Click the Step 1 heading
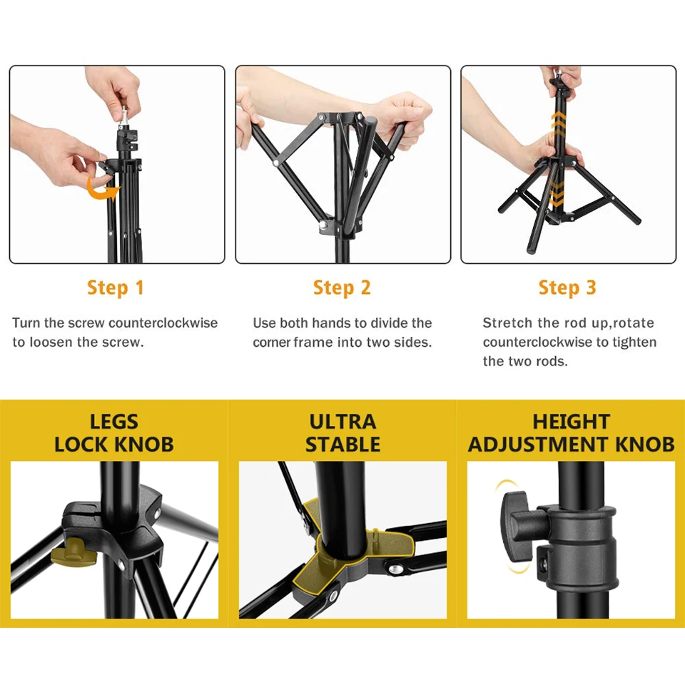(x=116, y=288)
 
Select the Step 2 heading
(x=342, y=288)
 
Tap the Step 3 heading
(x=567, y=288)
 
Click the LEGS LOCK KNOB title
(x=114, y=432)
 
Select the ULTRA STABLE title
(x=342, y=432)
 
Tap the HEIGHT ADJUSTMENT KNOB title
(x=571, y=432)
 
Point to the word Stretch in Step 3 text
(x=507, y=323)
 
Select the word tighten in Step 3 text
(x=634, y=342)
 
